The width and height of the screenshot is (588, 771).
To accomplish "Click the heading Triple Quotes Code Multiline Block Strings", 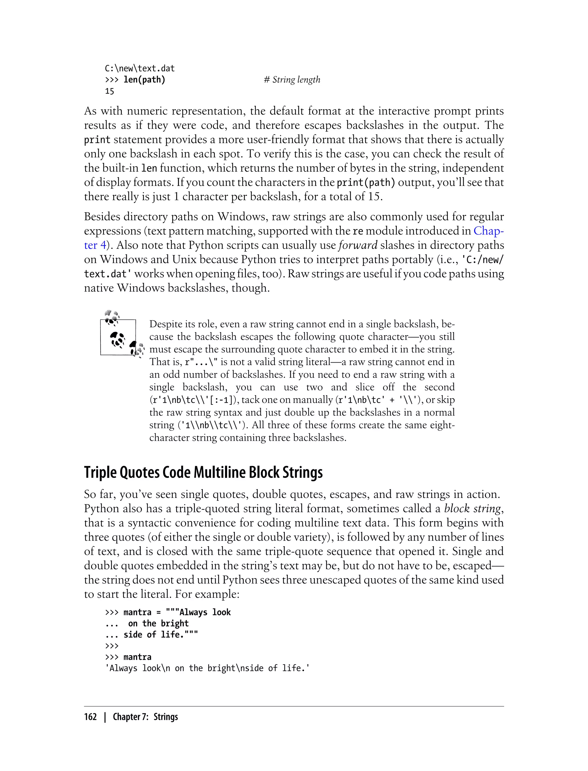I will [203, 473].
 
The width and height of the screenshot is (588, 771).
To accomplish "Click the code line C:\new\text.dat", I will [140, 69].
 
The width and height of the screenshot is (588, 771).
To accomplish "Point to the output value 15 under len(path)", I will [110, 91].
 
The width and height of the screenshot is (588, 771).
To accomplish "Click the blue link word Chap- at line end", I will [489, 231].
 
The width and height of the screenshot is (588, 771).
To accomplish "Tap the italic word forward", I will [358, 245].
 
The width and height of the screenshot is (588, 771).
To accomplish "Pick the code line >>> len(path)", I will [135, 80].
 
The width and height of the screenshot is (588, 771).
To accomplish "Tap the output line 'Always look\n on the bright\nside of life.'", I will [207, 668].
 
